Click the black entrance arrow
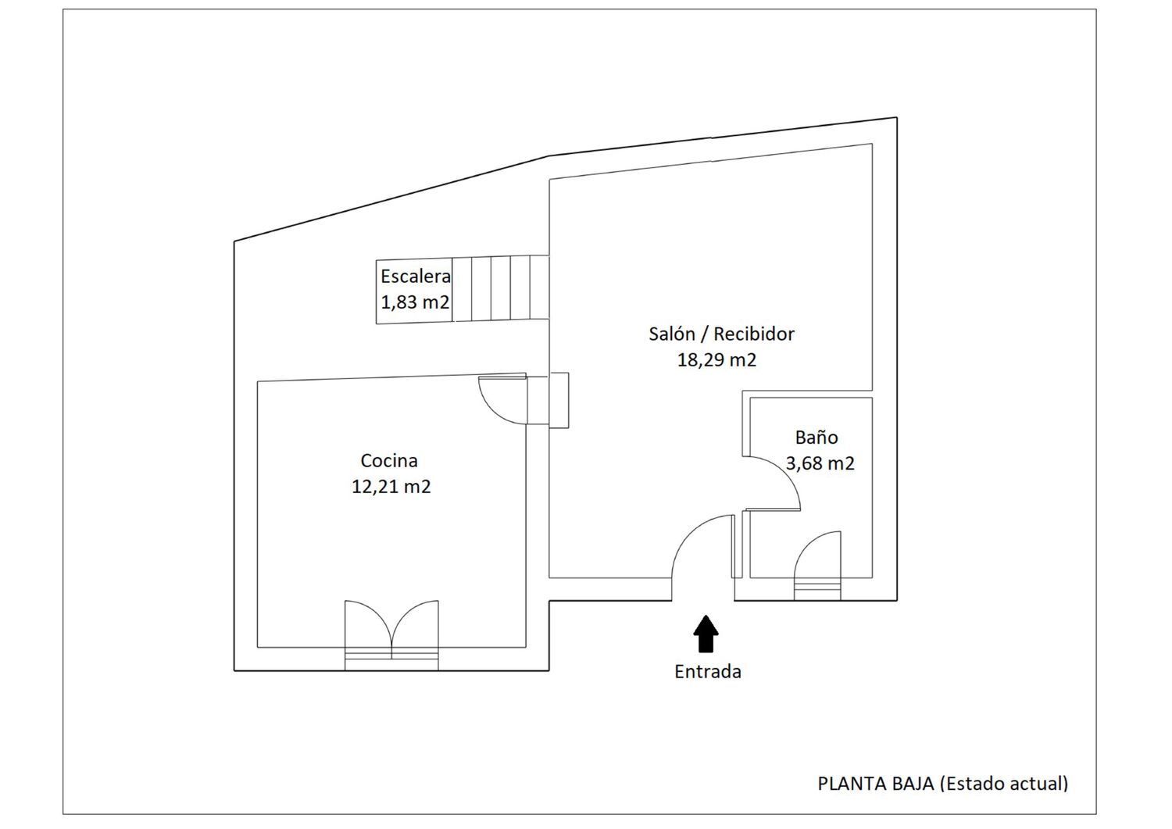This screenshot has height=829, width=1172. point(706,633)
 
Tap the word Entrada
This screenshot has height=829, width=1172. point(707,672)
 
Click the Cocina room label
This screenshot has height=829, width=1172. point(389,460)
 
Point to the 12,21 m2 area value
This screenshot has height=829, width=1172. point(391,487)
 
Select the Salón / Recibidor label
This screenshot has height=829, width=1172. point(721,334)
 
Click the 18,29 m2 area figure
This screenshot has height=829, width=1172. point(716,360)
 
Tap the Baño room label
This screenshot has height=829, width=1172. point(816,437)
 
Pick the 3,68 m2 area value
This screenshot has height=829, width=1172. point(820,463)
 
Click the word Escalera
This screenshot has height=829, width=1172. point(416,277)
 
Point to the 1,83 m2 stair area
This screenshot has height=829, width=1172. point(415,302)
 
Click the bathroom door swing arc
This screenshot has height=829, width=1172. point(783,473)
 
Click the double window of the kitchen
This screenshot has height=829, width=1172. point(391,634)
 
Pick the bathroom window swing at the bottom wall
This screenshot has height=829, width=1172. point(817,565)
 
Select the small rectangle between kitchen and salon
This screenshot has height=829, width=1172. point(559,400)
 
